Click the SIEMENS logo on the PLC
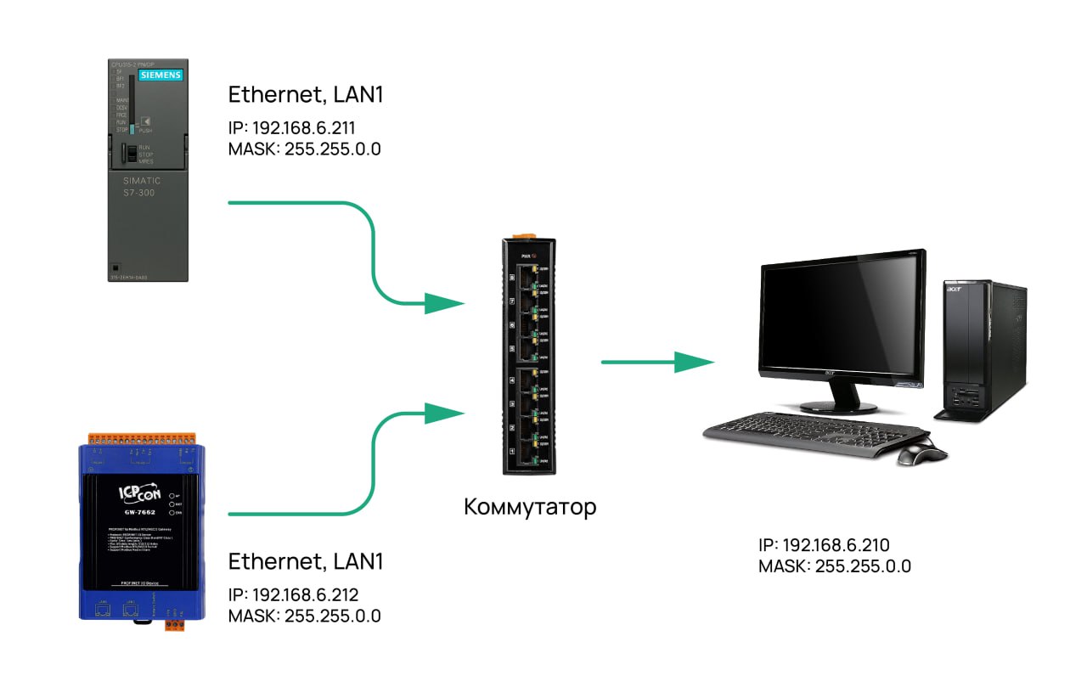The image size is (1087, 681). (x=160, y=75)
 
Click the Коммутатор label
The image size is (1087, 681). (x=530, y=508)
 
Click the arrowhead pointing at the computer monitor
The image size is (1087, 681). (x=695, y=363)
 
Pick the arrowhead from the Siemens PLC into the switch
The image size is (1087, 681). (x=444, y=303)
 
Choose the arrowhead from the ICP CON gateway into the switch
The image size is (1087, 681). (x=444, y=414)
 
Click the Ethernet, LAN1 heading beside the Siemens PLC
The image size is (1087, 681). (x=306, y=95)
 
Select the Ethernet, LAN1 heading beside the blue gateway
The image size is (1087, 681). (x=306, y=561)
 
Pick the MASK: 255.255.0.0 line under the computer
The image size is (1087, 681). (x=835, y=566)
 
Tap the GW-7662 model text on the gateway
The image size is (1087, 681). (x=138, y=513)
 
